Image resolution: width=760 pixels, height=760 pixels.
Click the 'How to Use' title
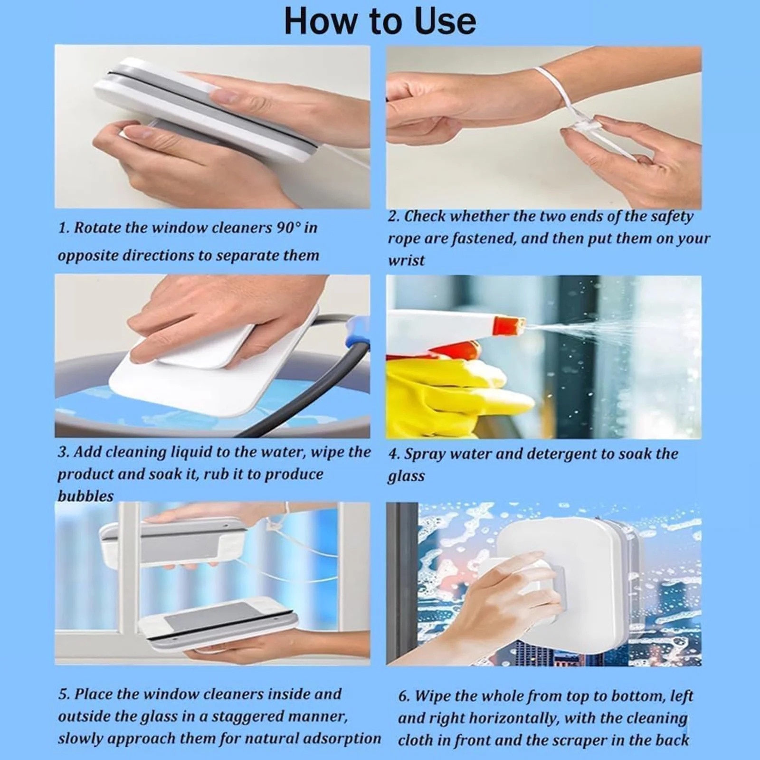pyautogui.click(x=380, y=21)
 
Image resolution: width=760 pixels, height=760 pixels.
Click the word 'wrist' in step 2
pyautogui.click(x=406, y=260)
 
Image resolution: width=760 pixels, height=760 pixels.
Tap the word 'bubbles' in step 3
pyautogui.click(x=86, y=496)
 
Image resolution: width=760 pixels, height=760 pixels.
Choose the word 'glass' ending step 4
pyautogui.click(x=406, y=476)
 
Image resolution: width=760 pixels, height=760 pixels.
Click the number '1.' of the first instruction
pyautogui.click(x=64, y=228)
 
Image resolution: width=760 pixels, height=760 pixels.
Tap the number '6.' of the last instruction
pyautogui.click(x=404, y=696)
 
